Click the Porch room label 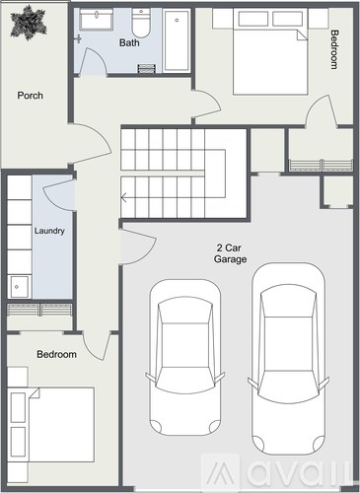tap(30, 96)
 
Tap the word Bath tap(129, 43)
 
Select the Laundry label tap(49, 232)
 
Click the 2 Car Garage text tap(231, 253)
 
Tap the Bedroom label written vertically tap(334, 49)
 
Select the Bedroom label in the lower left tap(56, 353)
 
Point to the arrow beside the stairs tap(124, 197)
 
